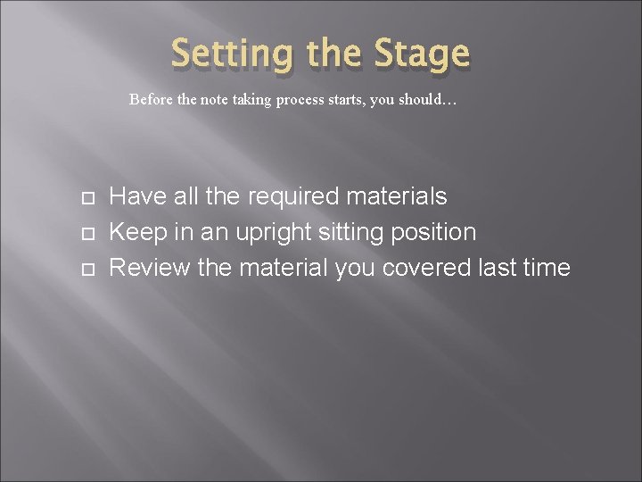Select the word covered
coord(432,268)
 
